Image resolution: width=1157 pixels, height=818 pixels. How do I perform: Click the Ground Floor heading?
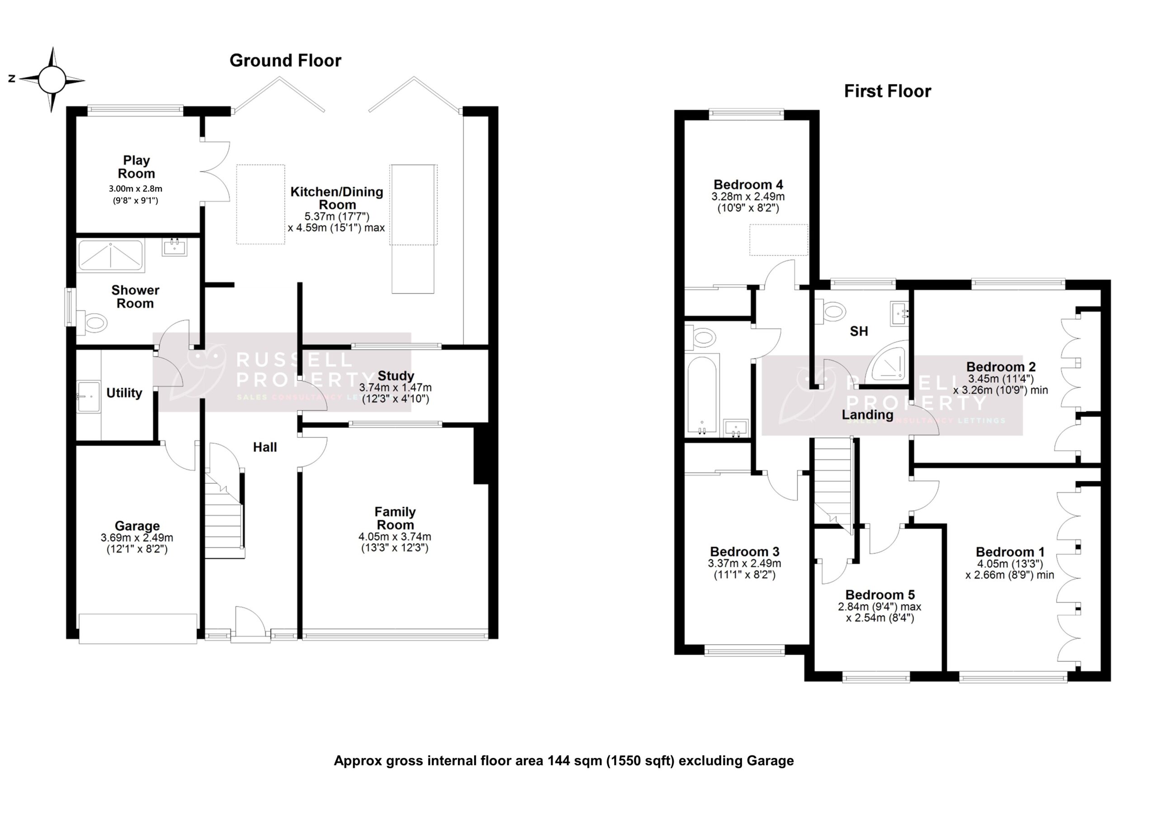tap(285, 61)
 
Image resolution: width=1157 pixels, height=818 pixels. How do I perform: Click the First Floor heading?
tap(887, 91)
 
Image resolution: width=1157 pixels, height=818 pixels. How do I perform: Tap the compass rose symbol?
tap(52, 80)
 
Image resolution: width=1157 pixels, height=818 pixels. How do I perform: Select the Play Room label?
tap(136, 167)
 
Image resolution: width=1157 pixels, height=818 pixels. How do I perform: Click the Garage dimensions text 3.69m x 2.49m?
tap(136, 538)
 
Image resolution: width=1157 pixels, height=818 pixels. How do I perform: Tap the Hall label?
tap(264, 447)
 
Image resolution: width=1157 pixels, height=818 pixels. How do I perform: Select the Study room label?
tap(395, 376)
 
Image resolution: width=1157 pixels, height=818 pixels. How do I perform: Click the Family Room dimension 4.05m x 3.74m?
tap(395, 537)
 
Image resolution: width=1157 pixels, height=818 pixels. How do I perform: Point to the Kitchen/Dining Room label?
tap(337, 198)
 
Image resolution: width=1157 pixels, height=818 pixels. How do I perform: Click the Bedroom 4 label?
tap(748, 184)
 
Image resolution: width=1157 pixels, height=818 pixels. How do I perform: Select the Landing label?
tap(867, 415)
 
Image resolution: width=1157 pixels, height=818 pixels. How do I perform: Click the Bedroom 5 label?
tap(880, 595)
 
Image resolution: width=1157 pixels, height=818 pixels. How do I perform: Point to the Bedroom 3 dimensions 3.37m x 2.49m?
tap(744, 564)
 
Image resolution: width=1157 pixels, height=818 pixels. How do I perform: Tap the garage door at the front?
tap(137, 628)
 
